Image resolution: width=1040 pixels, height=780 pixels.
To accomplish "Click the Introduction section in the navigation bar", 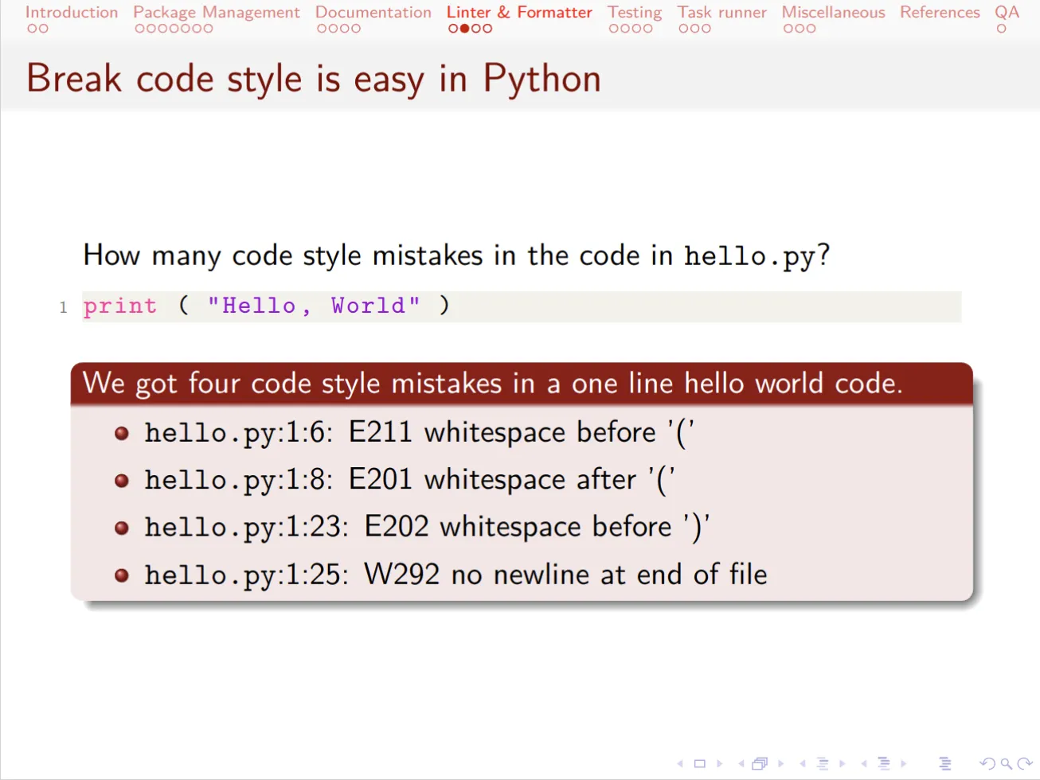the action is point(72,12).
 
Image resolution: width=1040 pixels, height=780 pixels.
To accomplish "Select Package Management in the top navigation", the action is point(217,13).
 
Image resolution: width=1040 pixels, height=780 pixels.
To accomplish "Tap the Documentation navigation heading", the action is point(373,12).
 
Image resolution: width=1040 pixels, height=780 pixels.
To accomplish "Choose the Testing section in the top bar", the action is point(635,13).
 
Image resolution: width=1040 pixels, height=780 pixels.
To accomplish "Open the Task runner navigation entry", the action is point(722,12).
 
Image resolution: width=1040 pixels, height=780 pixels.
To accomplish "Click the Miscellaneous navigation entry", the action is point(834,12).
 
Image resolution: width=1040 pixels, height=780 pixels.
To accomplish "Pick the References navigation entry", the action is point(940,12).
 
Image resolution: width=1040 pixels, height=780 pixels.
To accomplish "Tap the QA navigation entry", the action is point(1007,12).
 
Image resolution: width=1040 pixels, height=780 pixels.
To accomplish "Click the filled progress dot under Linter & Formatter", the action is point(465,29).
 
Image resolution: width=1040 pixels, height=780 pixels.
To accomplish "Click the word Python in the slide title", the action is point(542,80).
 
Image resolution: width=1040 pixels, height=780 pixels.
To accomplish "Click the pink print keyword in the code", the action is point(120,306).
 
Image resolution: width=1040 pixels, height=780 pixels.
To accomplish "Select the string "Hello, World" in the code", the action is point(314,306).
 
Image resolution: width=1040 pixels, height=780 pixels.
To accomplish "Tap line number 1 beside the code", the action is point(63,308).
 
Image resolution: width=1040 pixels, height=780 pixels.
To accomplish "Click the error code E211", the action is point(380,432).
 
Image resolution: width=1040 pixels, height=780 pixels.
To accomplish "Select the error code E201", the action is point(380,479).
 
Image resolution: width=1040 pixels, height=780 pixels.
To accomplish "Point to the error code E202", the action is point(397,527).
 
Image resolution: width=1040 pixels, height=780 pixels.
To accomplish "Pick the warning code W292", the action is point(402,575).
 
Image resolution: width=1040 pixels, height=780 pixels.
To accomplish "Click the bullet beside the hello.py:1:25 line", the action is point(122,575).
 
